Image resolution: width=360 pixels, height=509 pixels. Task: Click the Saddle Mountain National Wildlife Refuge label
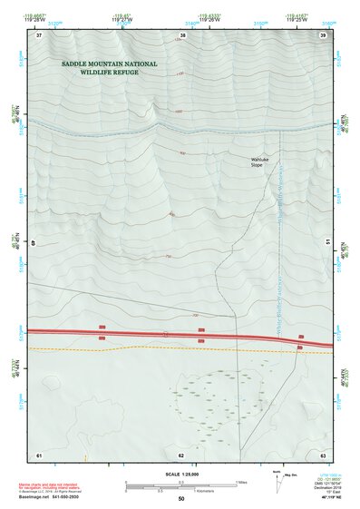(109, 67)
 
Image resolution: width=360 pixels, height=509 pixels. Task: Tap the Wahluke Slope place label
(262, 162)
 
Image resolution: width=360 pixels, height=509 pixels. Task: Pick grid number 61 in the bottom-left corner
(39, 454)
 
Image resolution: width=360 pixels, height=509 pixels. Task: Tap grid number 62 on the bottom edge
(181, 454)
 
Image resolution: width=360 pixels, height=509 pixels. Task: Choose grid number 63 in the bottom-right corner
(323, 454)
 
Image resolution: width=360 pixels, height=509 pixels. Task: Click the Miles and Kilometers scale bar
(181, 485)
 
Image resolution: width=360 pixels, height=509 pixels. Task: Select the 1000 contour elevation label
(179, 112)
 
